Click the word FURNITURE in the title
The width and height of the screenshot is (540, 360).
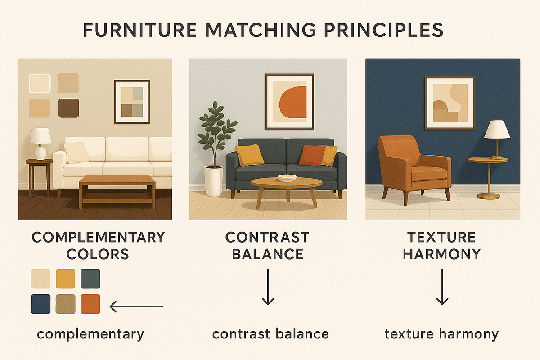(140, 30)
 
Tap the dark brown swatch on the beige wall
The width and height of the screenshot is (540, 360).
(69, 108)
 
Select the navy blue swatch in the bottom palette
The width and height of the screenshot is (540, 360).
(41, 304)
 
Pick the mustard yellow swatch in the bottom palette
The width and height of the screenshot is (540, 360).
(66, 279)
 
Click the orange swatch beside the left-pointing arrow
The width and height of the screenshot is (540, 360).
(90, 304)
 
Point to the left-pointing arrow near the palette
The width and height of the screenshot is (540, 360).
(136, 307)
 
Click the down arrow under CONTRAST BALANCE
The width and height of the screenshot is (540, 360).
(268, 287)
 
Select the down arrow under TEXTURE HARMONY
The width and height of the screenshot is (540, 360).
(442, 287)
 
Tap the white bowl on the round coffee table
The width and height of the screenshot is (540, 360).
(287, 178)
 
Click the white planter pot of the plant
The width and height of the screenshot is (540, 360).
(214, 181)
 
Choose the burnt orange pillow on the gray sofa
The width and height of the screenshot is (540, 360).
(312, 156)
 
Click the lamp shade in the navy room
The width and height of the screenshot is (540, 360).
(497, 130)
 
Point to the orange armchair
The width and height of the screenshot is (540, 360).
(414, 169)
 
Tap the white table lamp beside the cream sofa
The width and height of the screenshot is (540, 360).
(40, 144)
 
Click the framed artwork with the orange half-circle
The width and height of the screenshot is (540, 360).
(289, 102)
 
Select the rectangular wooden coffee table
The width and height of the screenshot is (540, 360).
(117, 190)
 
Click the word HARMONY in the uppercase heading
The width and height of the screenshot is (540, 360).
(442, 254)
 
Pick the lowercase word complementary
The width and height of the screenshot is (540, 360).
(90, 334)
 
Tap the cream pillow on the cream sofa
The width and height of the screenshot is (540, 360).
(76, 153)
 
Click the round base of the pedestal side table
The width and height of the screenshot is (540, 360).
(489, 196)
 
